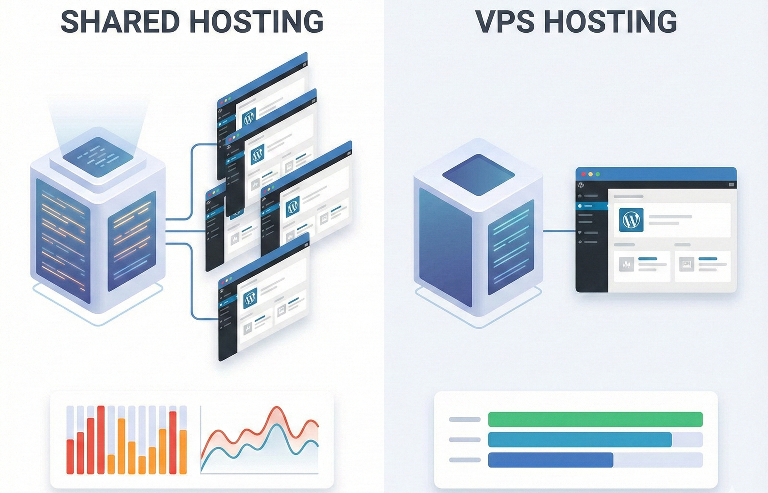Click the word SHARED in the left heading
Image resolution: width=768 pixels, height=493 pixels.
point(120,22)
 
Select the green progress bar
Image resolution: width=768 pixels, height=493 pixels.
point(595,419)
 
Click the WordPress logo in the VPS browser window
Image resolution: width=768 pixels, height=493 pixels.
point(631,220)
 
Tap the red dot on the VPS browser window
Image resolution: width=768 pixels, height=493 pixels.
point(583,174)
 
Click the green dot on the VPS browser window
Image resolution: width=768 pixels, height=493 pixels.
point(597,174)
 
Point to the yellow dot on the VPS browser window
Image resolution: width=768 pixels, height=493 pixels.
point(590,174)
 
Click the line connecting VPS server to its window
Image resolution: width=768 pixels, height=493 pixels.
point(559,231)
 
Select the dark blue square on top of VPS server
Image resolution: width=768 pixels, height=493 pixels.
point(478,175)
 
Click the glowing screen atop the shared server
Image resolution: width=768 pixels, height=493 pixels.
point(98,157)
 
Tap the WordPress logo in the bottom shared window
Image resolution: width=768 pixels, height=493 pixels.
point(250,298)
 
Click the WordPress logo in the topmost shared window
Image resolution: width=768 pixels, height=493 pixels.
point(249,118)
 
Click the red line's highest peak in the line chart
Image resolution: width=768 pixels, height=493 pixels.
point(277,408)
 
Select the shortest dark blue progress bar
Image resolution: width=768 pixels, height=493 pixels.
point(550,460)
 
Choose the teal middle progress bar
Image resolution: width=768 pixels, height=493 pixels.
point(580,440)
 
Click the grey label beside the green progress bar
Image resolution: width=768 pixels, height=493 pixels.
point(465,419)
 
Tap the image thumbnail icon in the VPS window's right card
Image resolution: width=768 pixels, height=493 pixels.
point(686,264)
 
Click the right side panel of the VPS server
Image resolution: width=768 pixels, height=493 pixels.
point(511,247)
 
